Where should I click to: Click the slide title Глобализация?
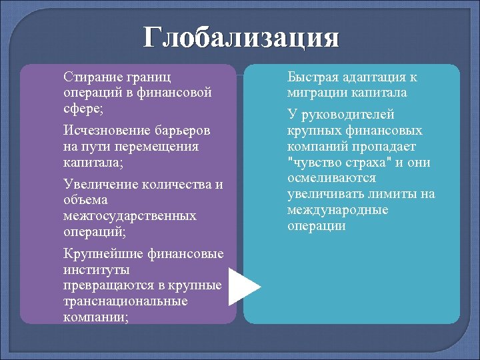pyautogui.click(x=241, y=37)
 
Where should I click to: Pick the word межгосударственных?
pyautogui.click(x=129, y=216)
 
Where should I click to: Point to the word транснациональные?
pyautogui.click(x=125, y=301)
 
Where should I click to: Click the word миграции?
pyautogui.click(x=314, y=93)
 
